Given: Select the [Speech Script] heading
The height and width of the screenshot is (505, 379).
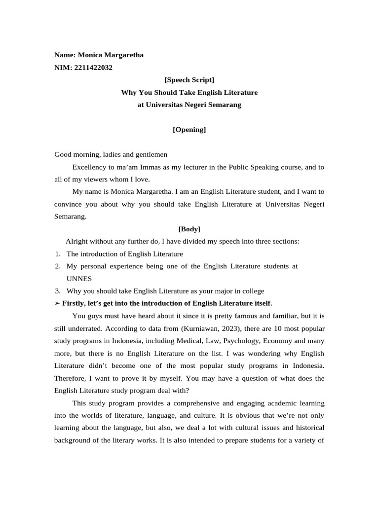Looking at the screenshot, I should (x=189, y=80).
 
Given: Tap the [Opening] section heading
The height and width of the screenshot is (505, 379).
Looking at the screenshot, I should (x=189, y=130).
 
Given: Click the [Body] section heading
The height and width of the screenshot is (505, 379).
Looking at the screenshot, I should (x=189, y=229).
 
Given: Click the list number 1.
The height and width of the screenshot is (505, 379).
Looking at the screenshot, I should (x=57, y=254).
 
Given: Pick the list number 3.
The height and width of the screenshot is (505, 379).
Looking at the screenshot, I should (x=57, y=291).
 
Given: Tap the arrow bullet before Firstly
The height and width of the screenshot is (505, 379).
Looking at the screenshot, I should (x=57, y=303).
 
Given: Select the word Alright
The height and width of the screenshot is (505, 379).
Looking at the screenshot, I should (x=77, y=242).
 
